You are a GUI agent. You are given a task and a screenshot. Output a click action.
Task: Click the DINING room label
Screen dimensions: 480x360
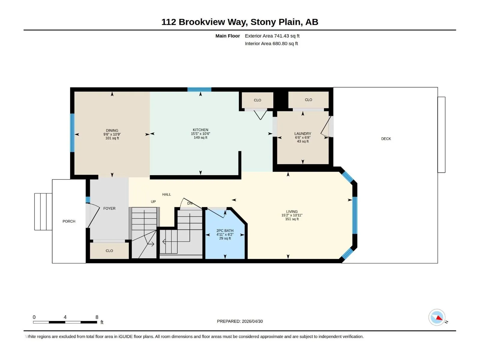(x=112, y=130)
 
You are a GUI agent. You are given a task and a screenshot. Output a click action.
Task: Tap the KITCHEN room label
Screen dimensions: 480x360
(x=200, y=130)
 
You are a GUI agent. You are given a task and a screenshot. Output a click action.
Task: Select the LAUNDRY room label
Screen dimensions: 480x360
(x=302, y=133)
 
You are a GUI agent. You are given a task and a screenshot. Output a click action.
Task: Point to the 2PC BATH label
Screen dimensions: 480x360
(x=225, y=231)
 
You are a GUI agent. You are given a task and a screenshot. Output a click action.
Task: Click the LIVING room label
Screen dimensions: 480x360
(x=292, y=211)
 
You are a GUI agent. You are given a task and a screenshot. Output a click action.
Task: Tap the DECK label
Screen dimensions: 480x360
(x=386, y=139)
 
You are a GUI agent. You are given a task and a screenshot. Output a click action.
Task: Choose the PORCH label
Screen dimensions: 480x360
(x=69, y=221)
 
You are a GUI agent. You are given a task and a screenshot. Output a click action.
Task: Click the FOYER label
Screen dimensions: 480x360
(x=109, y=208)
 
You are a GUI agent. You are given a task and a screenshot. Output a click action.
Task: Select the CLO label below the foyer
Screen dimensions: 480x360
(x=109, y=251)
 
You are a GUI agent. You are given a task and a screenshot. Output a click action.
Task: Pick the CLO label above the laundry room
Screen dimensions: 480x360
(x=308, y=100)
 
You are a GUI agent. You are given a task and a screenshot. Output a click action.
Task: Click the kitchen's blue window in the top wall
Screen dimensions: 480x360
(x=199, y=89)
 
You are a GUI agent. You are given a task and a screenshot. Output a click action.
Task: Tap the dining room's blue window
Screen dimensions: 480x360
(x=72, y=133)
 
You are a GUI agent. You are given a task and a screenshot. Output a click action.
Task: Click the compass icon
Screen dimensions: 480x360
(x=437, y=317)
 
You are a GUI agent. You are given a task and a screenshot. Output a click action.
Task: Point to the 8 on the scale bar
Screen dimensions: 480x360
(x=97, y=317)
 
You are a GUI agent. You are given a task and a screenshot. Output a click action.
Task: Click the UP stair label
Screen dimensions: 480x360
(x=153, y=202)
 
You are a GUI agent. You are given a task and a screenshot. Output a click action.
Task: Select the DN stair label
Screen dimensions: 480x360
(x=190, y=203)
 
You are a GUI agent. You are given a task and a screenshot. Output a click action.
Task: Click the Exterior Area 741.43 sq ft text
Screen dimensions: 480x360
(x=272, y=36)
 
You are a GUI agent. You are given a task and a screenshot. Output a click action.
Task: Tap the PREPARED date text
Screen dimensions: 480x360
(x=240, y=321)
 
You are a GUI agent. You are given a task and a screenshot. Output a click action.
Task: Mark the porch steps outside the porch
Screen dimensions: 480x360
(x=43, y=211)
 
